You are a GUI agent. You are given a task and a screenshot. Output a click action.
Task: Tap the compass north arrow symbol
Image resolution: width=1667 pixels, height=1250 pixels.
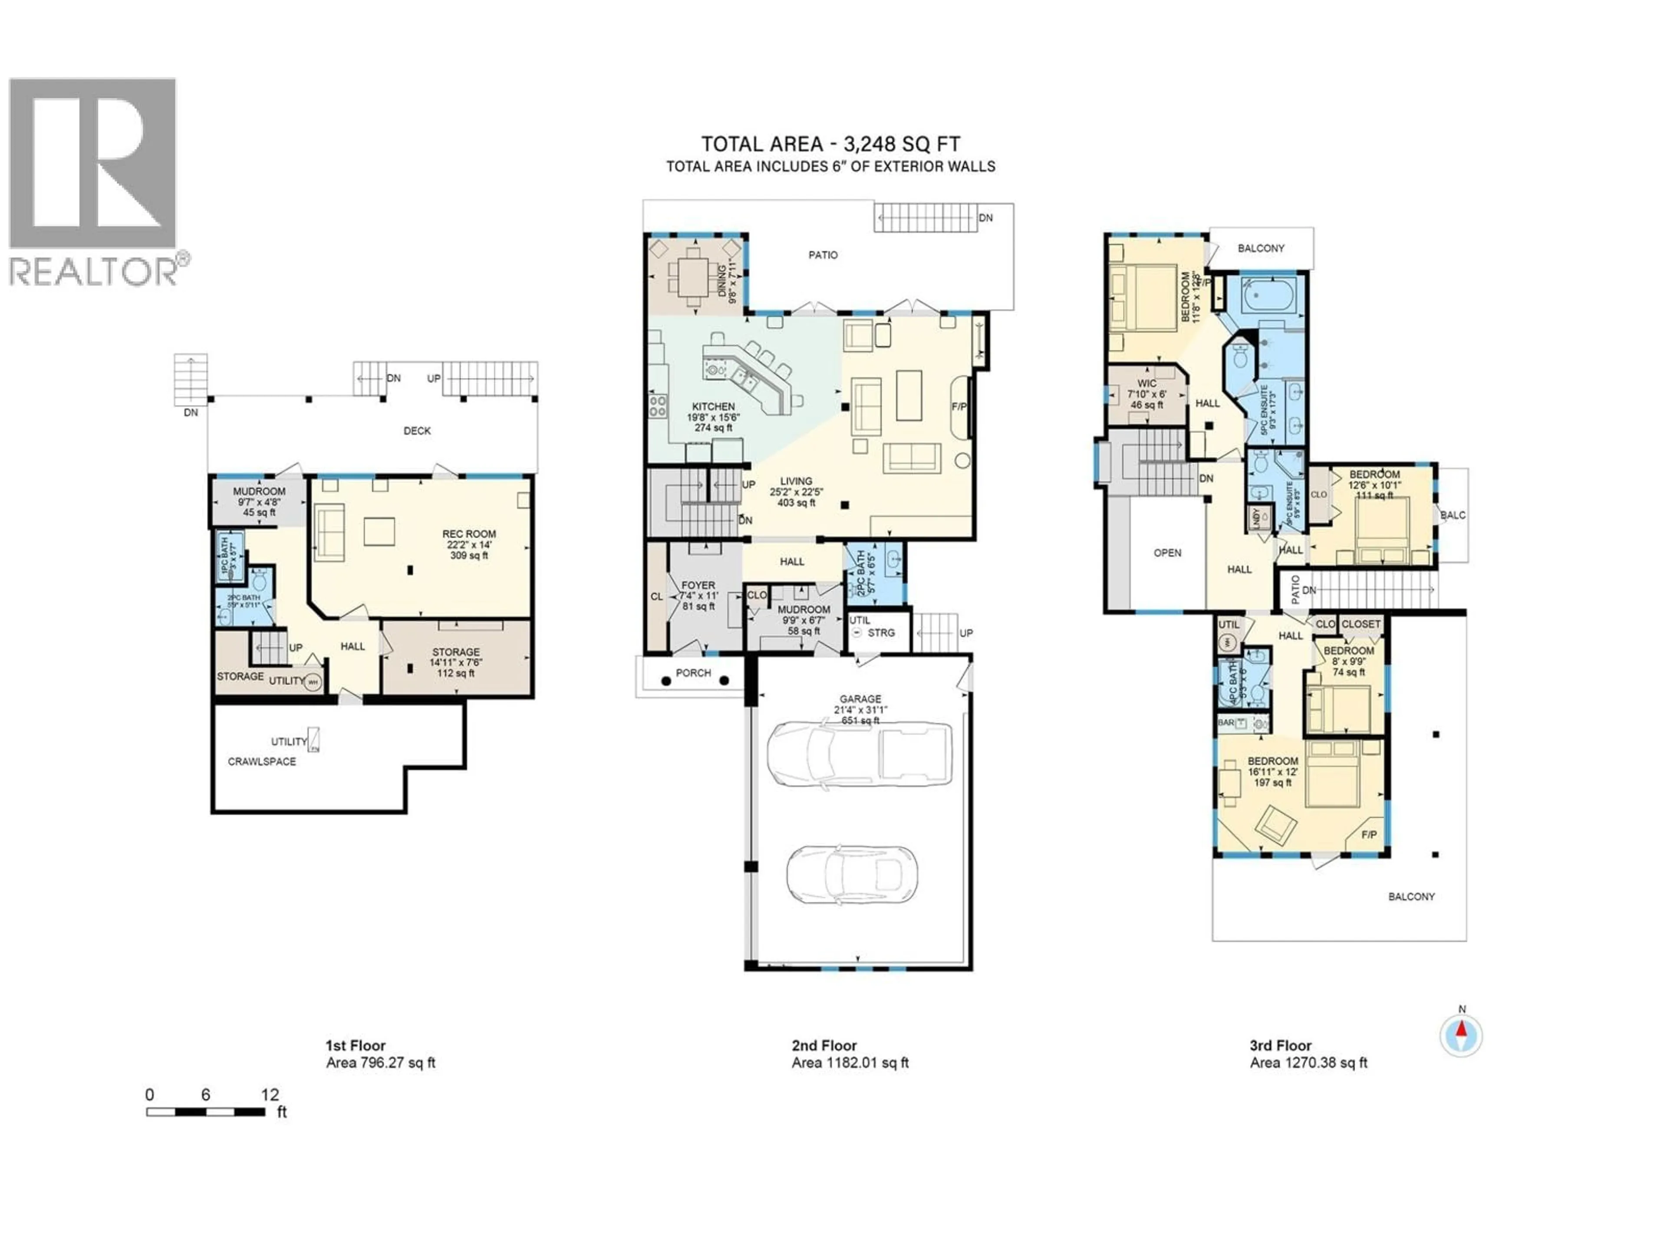tap(1461, 1035)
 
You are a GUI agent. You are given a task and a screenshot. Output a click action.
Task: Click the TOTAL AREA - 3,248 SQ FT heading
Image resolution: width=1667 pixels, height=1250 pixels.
tap(830, 145)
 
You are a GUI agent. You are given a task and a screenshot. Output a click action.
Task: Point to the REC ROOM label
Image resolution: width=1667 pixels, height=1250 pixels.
tap(469, 533)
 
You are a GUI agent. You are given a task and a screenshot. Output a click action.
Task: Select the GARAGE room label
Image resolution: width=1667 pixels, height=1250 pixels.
tap(860, 699)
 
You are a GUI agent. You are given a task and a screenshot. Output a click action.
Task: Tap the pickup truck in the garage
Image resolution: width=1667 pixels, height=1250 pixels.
tap(859, 753)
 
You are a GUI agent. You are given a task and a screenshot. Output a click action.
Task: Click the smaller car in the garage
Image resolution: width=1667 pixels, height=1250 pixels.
tap(852, 875)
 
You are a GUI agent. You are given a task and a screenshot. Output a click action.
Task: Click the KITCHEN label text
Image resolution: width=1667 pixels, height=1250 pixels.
tap(713, 407)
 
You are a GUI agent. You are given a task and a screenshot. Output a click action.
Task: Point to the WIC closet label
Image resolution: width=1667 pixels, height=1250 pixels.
tap(1147, 384)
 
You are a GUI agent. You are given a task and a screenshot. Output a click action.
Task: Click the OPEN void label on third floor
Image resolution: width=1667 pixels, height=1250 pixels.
tap(1167, 553)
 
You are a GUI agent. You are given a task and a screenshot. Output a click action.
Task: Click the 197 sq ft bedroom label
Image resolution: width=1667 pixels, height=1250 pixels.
tap(1273, 783)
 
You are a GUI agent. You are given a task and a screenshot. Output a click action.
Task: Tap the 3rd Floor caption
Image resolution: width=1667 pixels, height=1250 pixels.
tap(1280, 1046)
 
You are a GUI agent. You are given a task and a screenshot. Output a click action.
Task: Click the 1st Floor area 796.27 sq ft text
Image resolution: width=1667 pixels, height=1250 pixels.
tap(381, 1063)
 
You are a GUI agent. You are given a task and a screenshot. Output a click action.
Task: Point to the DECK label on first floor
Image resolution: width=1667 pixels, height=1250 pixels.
tap(417, 431)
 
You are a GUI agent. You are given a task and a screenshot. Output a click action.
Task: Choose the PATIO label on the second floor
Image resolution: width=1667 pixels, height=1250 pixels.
tap(823, 255)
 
